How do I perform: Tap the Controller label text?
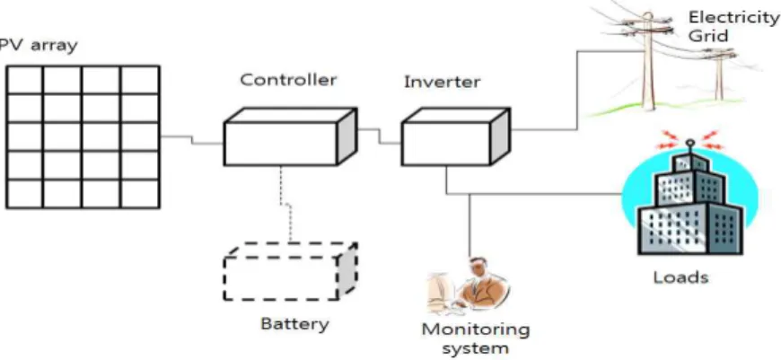pos(288,80)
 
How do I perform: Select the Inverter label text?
pos(443,82)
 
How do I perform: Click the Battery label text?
pos(294,324)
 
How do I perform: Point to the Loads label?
pos(680,277)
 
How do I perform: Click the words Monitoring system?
pos(476,338)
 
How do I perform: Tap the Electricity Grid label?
pos(733,27)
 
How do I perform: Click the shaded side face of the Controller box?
pos(347,136)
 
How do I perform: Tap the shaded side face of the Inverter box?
pos(501,136)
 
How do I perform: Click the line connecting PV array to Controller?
pos(192,140)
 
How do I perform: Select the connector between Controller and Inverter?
pos(380,136)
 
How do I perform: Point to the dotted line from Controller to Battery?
pos(285,204)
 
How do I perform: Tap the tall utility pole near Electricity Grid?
pos(647,60)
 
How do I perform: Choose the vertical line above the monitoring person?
pos(469,225)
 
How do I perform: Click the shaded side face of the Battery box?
pos(347,271)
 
